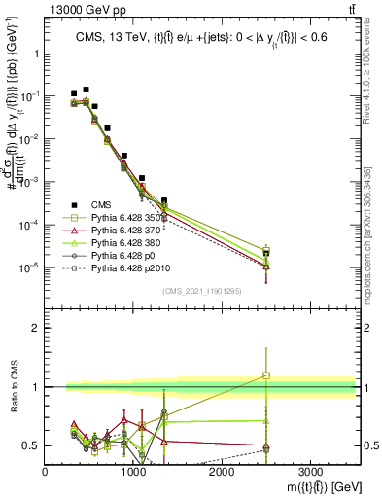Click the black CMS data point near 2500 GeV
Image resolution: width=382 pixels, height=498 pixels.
[266, 254]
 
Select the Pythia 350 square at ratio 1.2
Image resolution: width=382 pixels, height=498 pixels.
[266, 374]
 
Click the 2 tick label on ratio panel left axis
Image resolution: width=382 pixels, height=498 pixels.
[35, 328]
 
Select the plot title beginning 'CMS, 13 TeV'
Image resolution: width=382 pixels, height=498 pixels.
[201, 38]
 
